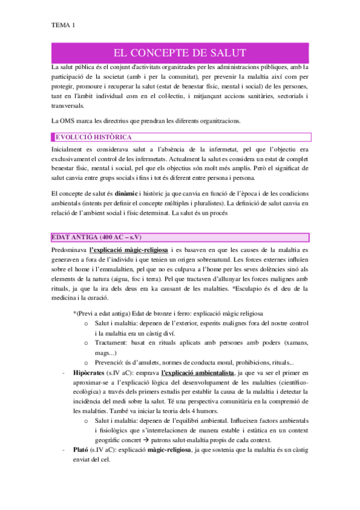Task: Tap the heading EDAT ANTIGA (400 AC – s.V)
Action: (x=96, y=234)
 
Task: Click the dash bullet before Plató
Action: (x=63, y=449)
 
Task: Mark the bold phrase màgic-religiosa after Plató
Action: (x=168, y=449)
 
